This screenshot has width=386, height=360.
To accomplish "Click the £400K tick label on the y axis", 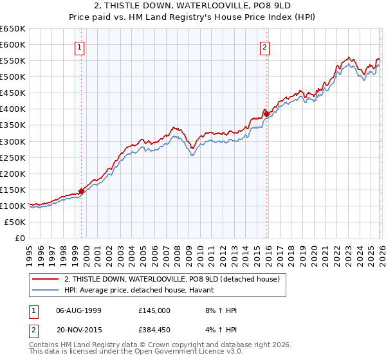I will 13,109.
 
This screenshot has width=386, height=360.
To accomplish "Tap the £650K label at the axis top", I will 13,29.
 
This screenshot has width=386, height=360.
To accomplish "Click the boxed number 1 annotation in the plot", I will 79,46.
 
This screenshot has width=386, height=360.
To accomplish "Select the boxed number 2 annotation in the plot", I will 264,46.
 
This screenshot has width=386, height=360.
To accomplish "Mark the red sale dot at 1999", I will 82,191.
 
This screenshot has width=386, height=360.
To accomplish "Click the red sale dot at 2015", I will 266,114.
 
